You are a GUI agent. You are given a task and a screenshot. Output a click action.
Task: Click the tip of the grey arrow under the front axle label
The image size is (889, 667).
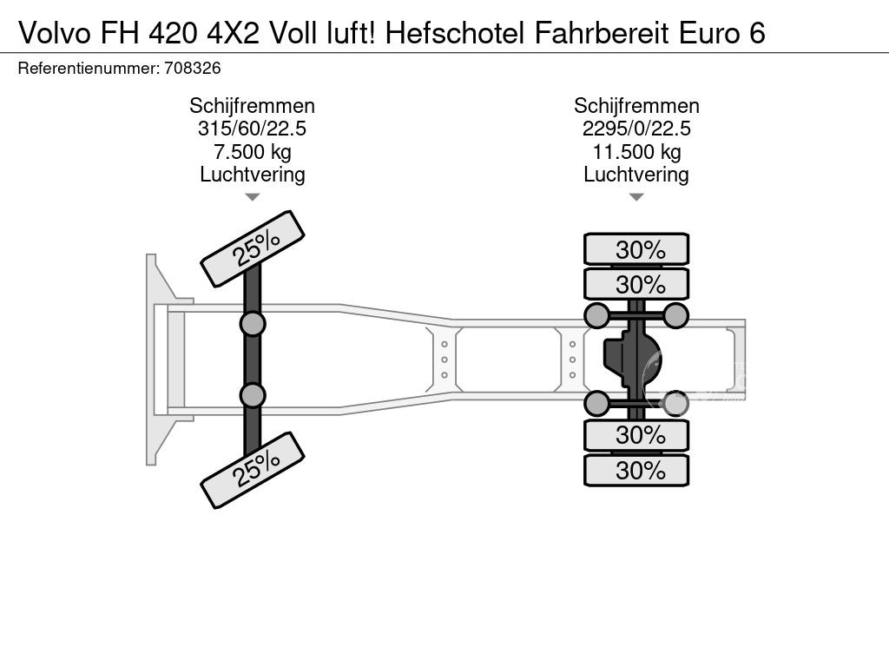[253, 201]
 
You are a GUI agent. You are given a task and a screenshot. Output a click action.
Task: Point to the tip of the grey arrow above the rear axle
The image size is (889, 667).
[636, 201]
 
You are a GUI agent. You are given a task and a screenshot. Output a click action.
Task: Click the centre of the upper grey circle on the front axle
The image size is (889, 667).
[253, 325]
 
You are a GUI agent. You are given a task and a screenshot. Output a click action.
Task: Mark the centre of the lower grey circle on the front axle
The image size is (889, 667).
[253, 395]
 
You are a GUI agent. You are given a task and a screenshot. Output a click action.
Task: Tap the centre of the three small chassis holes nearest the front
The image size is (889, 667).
[444, 360]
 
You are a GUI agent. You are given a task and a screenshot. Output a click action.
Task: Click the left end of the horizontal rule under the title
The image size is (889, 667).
[0, 53]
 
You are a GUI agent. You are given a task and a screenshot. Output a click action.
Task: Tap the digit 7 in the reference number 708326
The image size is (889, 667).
[168, 68]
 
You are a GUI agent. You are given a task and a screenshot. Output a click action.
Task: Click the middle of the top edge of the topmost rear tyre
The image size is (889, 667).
[636, 234]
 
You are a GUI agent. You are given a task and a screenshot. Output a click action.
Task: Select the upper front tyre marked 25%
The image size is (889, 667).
[253, 249]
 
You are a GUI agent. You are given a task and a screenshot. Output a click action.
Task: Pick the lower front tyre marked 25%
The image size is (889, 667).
[253, 470]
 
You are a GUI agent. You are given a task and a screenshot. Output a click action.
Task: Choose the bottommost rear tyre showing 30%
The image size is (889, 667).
[636, 470]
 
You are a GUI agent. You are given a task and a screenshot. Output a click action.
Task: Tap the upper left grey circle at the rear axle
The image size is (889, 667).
[597, 315]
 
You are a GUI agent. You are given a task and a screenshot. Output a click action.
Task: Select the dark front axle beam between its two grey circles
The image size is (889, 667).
[253, 360]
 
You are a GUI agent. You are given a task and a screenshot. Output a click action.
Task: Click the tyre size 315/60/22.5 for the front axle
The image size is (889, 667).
[253, 129]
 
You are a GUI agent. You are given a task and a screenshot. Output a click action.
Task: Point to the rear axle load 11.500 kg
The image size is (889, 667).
[636, 152]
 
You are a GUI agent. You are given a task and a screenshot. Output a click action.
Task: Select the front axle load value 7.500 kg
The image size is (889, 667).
[253, 152]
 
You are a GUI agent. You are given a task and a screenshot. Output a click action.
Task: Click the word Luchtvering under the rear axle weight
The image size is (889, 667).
[636, 175]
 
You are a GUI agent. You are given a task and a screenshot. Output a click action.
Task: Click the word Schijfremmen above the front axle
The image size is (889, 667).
[253, 106]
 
